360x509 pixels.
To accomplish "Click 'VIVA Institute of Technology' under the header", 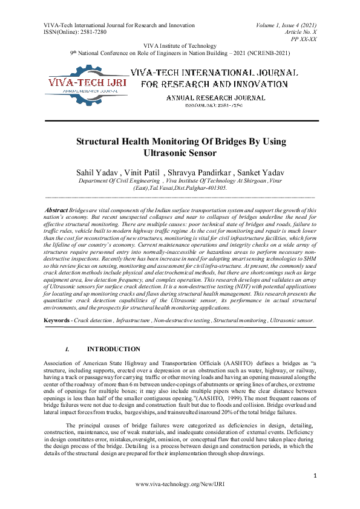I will (x=180, y=46).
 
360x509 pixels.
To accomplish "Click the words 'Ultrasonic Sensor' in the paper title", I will (x=180, y=153).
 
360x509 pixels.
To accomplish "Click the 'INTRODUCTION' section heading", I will (x=114, y=349).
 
